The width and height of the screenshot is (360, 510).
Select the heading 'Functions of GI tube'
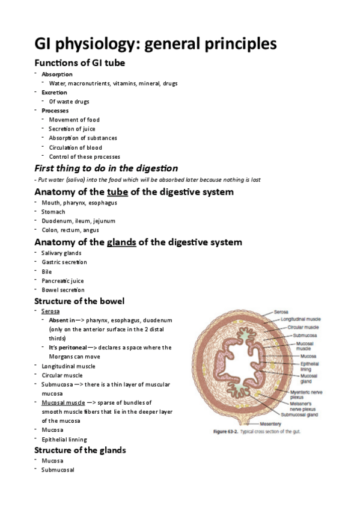79,63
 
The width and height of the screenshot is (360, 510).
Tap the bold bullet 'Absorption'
56,74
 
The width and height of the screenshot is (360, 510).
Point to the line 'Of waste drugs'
69,102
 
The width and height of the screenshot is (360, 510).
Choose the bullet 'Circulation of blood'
75,147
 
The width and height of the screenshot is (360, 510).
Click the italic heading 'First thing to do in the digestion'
106,168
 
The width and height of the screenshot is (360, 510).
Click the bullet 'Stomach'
53,212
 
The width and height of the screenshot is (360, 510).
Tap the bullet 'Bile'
47,271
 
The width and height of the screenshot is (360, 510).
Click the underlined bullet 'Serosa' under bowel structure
50,311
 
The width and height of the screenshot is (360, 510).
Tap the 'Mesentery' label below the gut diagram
269,424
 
